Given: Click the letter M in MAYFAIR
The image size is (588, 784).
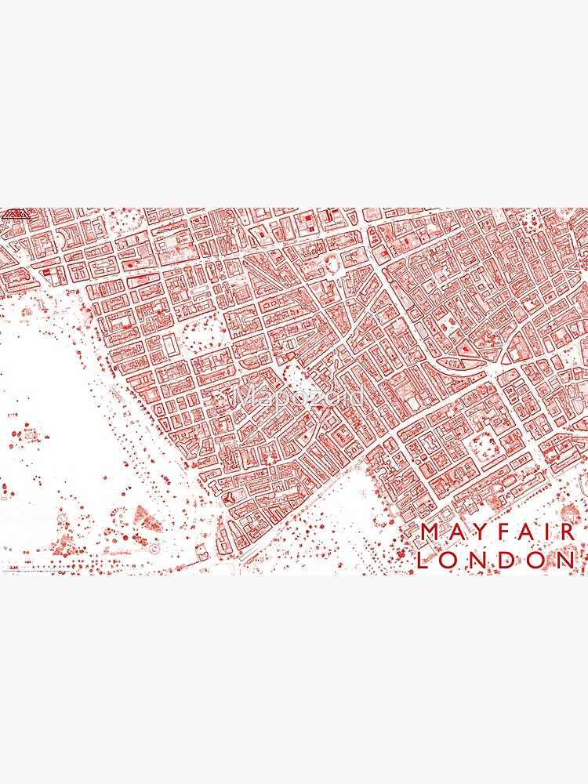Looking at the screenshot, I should pos(430,532).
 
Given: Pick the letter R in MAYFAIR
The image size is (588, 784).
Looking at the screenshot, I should pos(568,532).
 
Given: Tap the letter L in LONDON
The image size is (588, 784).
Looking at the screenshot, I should pos(425,560).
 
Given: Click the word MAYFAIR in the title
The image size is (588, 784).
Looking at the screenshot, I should pos(499,532).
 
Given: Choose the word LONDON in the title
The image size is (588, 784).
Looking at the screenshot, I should pos(496,560).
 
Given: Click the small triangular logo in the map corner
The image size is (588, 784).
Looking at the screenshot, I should pos(13,213).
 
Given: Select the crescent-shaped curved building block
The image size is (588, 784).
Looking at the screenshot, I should pos(463,364).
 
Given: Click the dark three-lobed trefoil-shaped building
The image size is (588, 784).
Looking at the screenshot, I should pos(228,496).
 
